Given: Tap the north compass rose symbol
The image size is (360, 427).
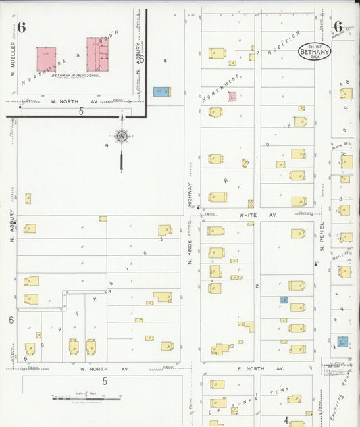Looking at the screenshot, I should tap(122, 136).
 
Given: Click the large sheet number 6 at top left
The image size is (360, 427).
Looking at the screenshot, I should tap(22, 28).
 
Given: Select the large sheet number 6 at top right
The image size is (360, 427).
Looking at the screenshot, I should tap(338, 27).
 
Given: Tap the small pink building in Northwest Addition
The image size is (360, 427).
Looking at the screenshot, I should tap(232, 97).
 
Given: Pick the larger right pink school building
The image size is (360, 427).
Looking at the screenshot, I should tap(99, 54).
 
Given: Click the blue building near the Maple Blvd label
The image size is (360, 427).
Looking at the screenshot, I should tap(343, 341).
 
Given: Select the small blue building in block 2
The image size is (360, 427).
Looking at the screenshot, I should tap(284, 299).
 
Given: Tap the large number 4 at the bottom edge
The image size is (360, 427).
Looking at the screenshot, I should tap(286, 420).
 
